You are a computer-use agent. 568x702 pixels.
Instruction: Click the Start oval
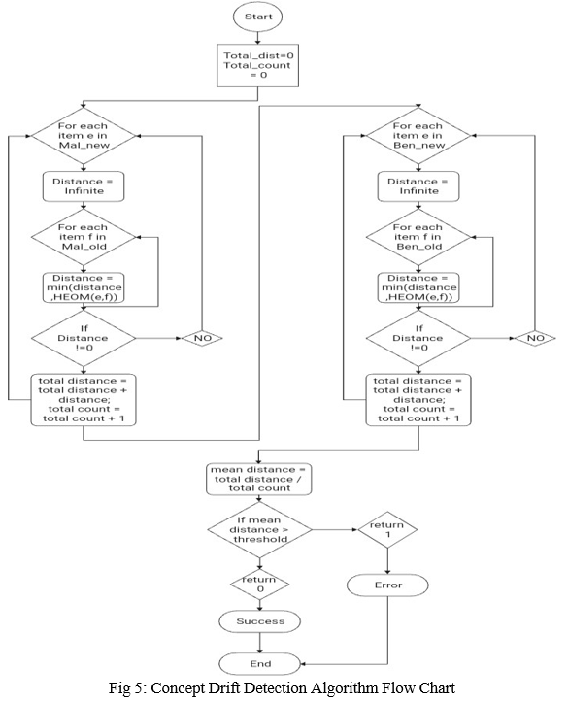point(258,17)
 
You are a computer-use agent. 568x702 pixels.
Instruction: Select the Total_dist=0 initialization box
point(258,65)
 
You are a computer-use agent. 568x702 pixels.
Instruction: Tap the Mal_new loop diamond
point(84,136)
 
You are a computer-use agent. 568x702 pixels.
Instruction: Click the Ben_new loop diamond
point(418,136)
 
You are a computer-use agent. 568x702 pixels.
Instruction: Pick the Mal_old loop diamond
point(84,237)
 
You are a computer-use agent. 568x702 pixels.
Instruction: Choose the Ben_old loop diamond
point(418,237)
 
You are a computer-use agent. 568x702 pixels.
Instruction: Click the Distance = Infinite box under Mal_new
point(84,186)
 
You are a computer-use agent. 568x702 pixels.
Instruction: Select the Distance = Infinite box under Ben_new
point(418,186)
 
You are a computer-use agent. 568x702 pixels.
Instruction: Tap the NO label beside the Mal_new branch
point(202,338)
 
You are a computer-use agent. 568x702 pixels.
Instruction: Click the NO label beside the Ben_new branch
point(535,338)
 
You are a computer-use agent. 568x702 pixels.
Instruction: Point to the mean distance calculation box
point(258,479)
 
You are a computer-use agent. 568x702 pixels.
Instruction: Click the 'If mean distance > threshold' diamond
point(259,529)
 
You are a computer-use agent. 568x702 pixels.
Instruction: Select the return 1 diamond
point(387,529)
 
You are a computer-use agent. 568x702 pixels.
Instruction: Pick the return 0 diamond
point(259,585)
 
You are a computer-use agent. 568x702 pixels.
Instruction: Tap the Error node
point(387,585)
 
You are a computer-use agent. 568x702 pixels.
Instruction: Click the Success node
point(259,621)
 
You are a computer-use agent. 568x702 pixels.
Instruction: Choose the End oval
point(259,663)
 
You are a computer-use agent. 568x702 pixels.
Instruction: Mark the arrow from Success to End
point(259,643)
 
